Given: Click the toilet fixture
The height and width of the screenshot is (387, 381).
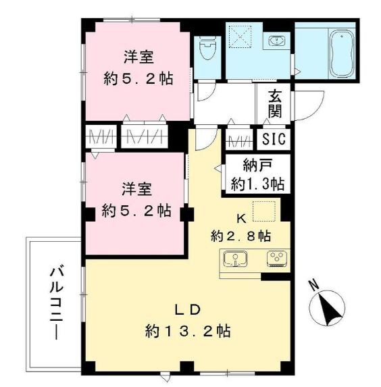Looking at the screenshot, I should point(207,47).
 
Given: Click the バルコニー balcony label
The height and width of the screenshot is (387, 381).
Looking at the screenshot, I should point(54,303).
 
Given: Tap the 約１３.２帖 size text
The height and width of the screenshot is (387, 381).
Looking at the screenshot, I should point(188,331).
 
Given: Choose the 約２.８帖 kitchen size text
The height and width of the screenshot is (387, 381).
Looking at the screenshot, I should point(241,236).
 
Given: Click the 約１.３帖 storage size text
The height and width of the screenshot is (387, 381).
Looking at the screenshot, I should point(257,184).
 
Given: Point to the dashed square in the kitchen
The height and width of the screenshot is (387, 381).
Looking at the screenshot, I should point(265,211).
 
